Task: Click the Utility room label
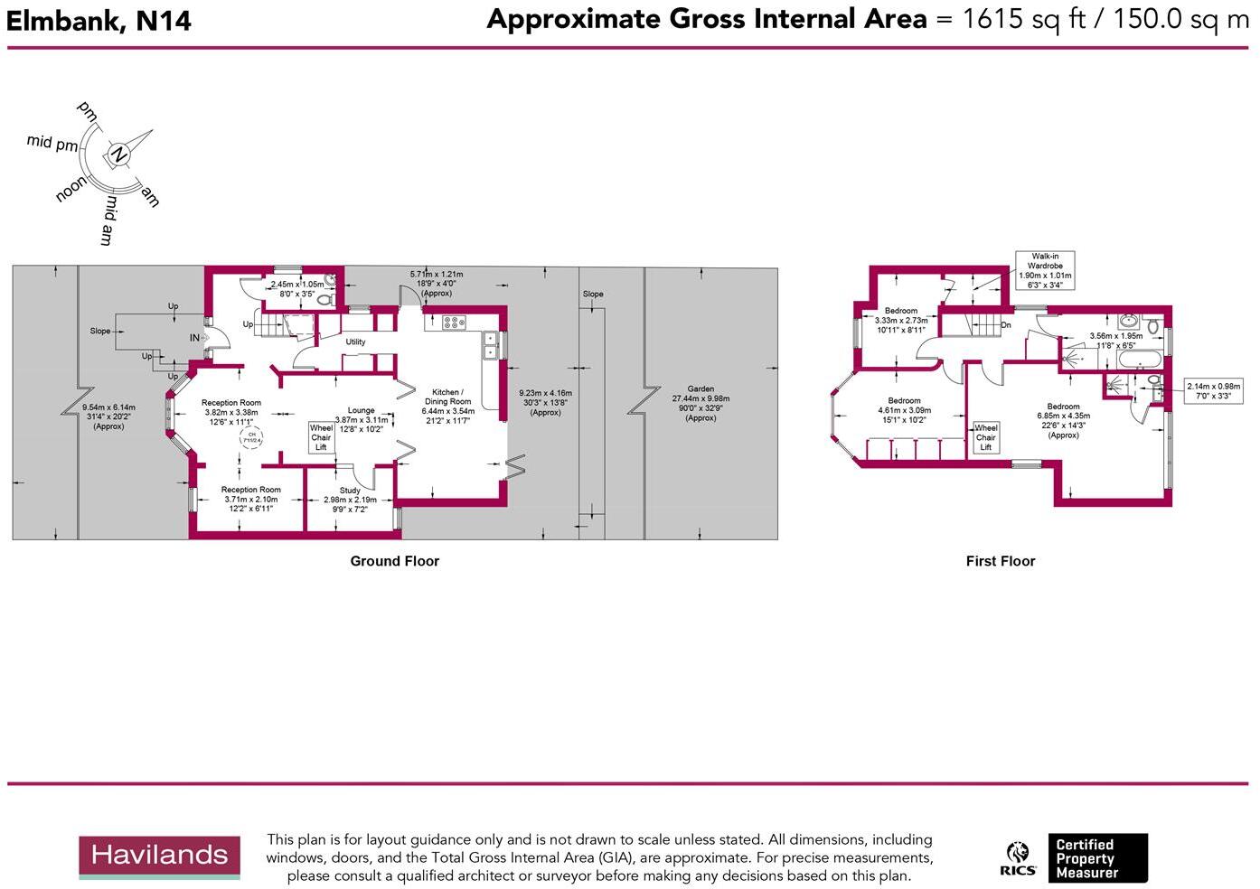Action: (355, 342)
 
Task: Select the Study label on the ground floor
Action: (350, 491)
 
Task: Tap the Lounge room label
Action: (361, 410)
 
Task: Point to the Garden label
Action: (701, 389)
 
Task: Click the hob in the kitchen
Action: (453, 322)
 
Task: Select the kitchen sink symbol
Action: (490, 346)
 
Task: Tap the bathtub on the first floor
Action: (1140, 360)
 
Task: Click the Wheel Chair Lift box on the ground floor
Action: (321, 437)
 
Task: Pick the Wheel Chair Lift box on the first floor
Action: (985, 437)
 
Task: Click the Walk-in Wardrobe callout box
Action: (1045, 270)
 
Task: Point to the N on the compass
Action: (118, 155)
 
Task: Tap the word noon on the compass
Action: (71, 189)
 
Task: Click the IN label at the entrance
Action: (194, 338)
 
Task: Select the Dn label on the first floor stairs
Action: (1005, 325)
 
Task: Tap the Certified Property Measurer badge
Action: (1100, 858)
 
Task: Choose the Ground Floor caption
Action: (394, 561)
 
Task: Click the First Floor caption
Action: (1000, 561)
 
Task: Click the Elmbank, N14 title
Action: (99, 20)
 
